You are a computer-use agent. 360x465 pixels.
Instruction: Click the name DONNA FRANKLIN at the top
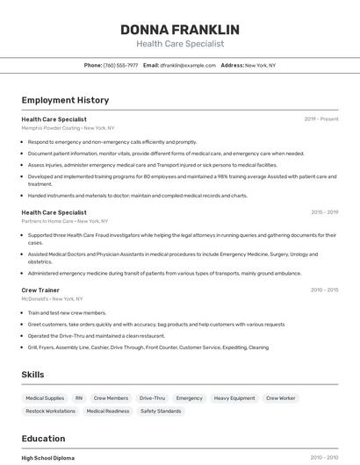tap(179, 29)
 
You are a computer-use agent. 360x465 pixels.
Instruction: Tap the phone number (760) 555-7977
tap(120, 65)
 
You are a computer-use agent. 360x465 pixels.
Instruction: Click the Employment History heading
tap(65, 100)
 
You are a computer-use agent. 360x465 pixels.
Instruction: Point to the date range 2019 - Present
tap(320, 118)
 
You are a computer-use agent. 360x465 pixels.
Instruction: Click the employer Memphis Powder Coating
tap(51, 128)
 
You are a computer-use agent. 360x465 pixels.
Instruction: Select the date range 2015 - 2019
tap(324, 212)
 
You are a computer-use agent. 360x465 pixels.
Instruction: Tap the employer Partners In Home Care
tap(47, 221)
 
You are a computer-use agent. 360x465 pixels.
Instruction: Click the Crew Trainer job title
tap(40, 290)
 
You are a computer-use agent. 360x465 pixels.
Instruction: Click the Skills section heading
tap(33, 375)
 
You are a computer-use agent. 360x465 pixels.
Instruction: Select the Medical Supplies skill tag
tap(45, 398)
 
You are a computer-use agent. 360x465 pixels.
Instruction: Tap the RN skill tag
tap(79, 398)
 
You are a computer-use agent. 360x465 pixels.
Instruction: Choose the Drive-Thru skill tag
tap(152, 398)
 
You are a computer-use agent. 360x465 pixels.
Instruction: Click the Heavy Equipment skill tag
tap(234, 398)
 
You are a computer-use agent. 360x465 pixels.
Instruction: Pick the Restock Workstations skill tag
tap(50, 411)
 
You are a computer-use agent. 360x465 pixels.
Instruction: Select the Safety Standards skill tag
tap(161, 411)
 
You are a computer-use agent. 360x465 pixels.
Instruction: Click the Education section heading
tap(43, 439)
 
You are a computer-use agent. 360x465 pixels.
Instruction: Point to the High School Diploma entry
tap(47, 458)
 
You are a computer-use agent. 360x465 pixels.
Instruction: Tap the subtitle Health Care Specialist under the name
tap(180, 44)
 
